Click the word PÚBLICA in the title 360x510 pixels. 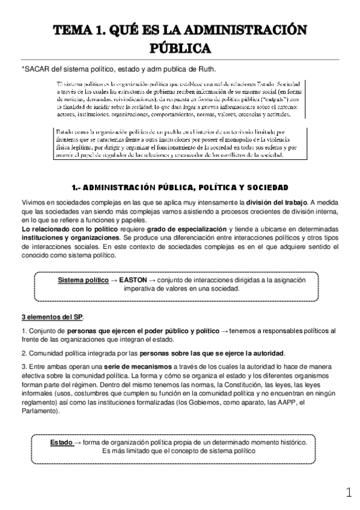[x=180, y=47]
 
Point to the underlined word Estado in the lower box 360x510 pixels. [x=62, y=442]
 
